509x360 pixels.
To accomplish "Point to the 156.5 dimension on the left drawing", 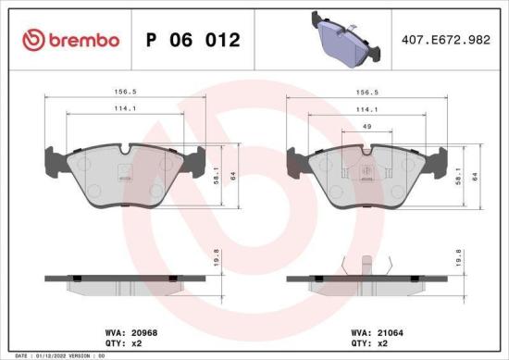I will point(113,93).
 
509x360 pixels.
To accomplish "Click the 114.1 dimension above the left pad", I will point(113,109).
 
